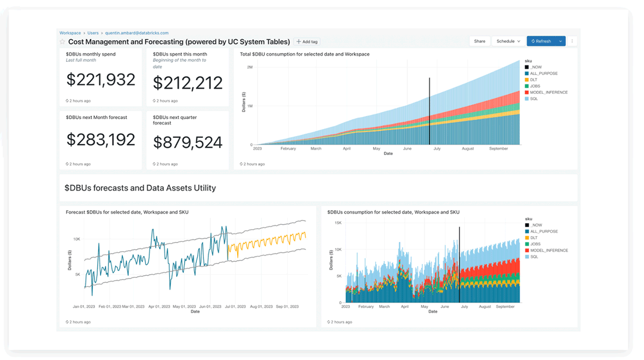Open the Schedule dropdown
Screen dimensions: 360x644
point(508,41)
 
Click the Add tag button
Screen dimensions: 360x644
point(307,42)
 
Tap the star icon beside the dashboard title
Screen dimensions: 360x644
point(63,42)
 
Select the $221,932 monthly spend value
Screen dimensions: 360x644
point(101,80)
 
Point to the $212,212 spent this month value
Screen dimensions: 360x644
point(187,83)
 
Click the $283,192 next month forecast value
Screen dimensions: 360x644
point(101,140)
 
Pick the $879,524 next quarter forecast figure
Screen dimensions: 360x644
point(187,142)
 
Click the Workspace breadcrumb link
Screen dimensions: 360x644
point(70,33)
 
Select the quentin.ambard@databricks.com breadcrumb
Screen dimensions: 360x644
point(136,33)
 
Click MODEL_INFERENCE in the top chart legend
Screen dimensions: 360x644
point(548,92)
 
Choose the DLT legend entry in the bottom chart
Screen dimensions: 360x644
point(533,238)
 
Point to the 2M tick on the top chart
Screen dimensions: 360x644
point(250,67)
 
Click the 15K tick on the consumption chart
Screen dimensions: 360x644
point(338,223)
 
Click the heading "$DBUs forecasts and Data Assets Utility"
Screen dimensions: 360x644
point(140,188)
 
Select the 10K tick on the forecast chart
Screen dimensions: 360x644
point(77,239)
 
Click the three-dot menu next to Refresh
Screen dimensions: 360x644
point(572,41)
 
